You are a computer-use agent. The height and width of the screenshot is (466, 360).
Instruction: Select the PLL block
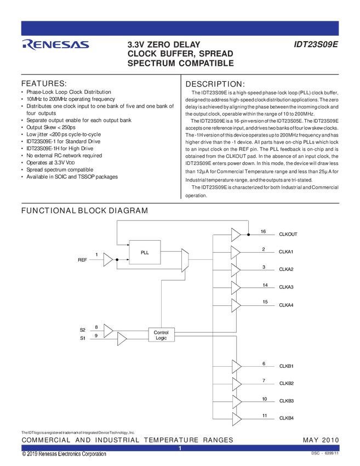pos(145,252)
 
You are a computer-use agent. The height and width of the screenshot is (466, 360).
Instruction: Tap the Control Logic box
pos(161,335)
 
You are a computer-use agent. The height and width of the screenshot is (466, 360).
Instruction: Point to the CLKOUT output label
pos(288,234)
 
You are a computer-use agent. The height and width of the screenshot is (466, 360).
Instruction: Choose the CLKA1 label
pos(286,252)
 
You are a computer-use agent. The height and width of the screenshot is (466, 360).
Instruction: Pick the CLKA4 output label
pos(286,305)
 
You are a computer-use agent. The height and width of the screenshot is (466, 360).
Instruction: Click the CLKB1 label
pos(287,366)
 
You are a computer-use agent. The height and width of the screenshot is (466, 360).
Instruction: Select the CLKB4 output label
pos(287,418)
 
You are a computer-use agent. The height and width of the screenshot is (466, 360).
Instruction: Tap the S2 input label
pos(83,329)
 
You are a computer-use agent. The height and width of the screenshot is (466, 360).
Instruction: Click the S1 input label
pos(83,338)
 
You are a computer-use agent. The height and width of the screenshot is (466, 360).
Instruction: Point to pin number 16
pos(264,232)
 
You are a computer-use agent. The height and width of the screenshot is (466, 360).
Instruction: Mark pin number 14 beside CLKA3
pos(265,285)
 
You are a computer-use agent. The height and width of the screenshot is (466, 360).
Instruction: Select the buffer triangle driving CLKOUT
pos(236,235)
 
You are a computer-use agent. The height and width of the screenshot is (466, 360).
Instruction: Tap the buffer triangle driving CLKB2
pos(236,383)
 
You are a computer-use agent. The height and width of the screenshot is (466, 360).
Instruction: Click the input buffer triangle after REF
pos(108,260)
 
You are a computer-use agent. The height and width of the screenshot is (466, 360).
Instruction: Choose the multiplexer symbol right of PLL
pos(185,260)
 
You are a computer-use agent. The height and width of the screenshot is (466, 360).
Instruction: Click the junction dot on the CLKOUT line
pos(248,235)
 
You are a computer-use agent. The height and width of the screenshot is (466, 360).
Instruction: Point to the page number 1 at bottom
pos(180,449)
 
